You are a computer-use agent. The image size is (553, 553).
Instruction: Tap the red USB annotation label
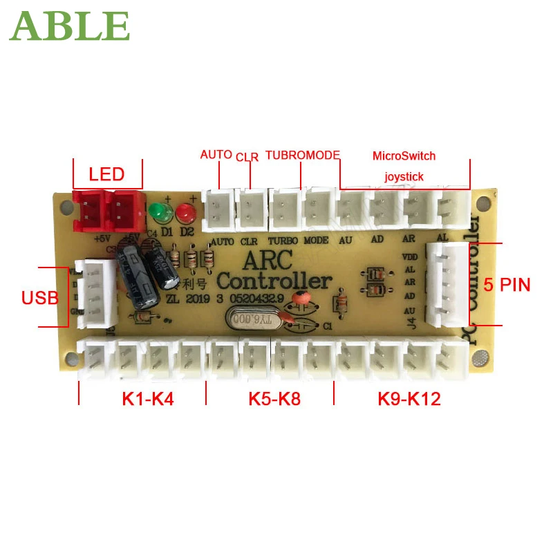click(x=39, y=298)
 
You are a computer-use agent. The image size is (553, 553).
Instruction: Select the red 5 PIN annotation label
click(x=506, y=284)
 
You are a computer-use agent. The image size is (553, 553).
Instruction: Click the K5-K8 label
click(x=274, y=399)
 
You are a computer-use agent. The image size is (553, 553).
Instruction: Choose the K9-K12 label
click(x=409, y=399)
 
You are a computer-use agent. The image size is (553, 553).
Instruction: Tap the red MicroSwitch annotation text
click(x=404, y=156)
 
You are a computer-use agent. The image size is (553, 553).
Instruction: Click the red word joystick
click(x=404, y=177)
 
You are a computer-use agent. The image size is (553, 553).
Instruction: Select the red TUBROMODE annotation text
click(x=303, y=156)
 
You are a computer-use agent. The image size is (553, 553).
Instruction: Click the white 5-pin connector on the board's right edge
click(x=447, y=283)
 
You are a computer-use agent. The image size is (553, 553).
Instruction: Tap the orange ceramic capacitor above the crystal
click(x=300, y=299)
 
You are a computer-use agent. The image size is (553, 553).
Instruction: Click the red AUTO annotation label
click(x=216, y=155)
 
